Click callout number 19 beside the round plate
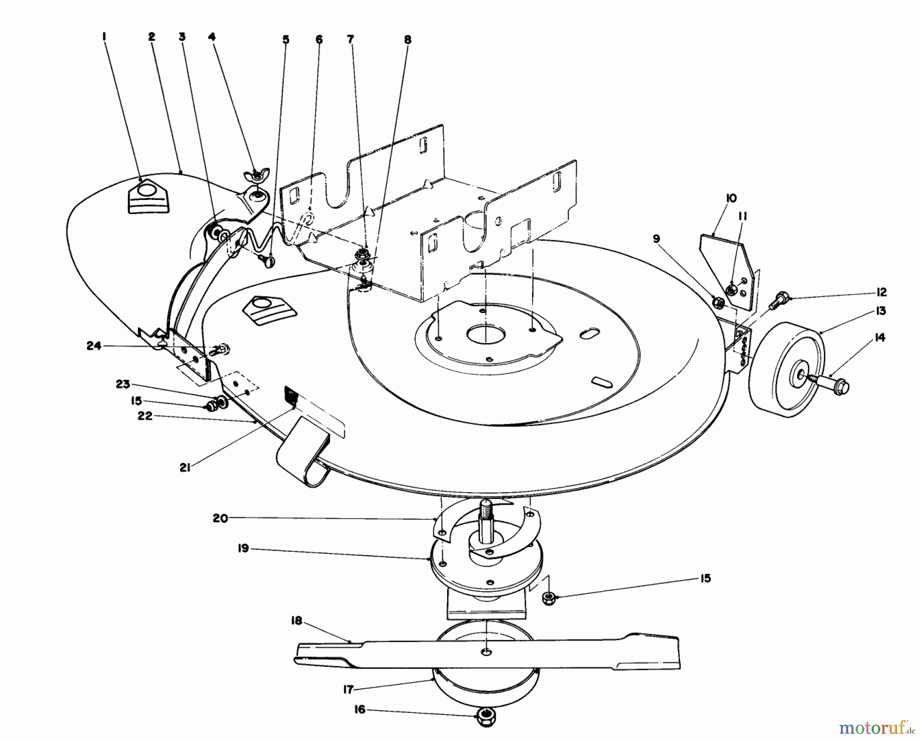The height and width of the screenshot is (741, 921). (x=243, y=548)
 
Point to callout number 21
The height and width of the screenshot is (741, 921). (x=185, y=467)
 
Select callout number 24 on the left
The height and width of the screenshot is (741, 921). (x=94, y=346)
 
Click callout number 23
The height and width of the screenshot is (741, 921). (x=123, y=384)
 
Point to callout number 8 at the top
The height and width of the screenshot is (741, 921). (x=407, y=39)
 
